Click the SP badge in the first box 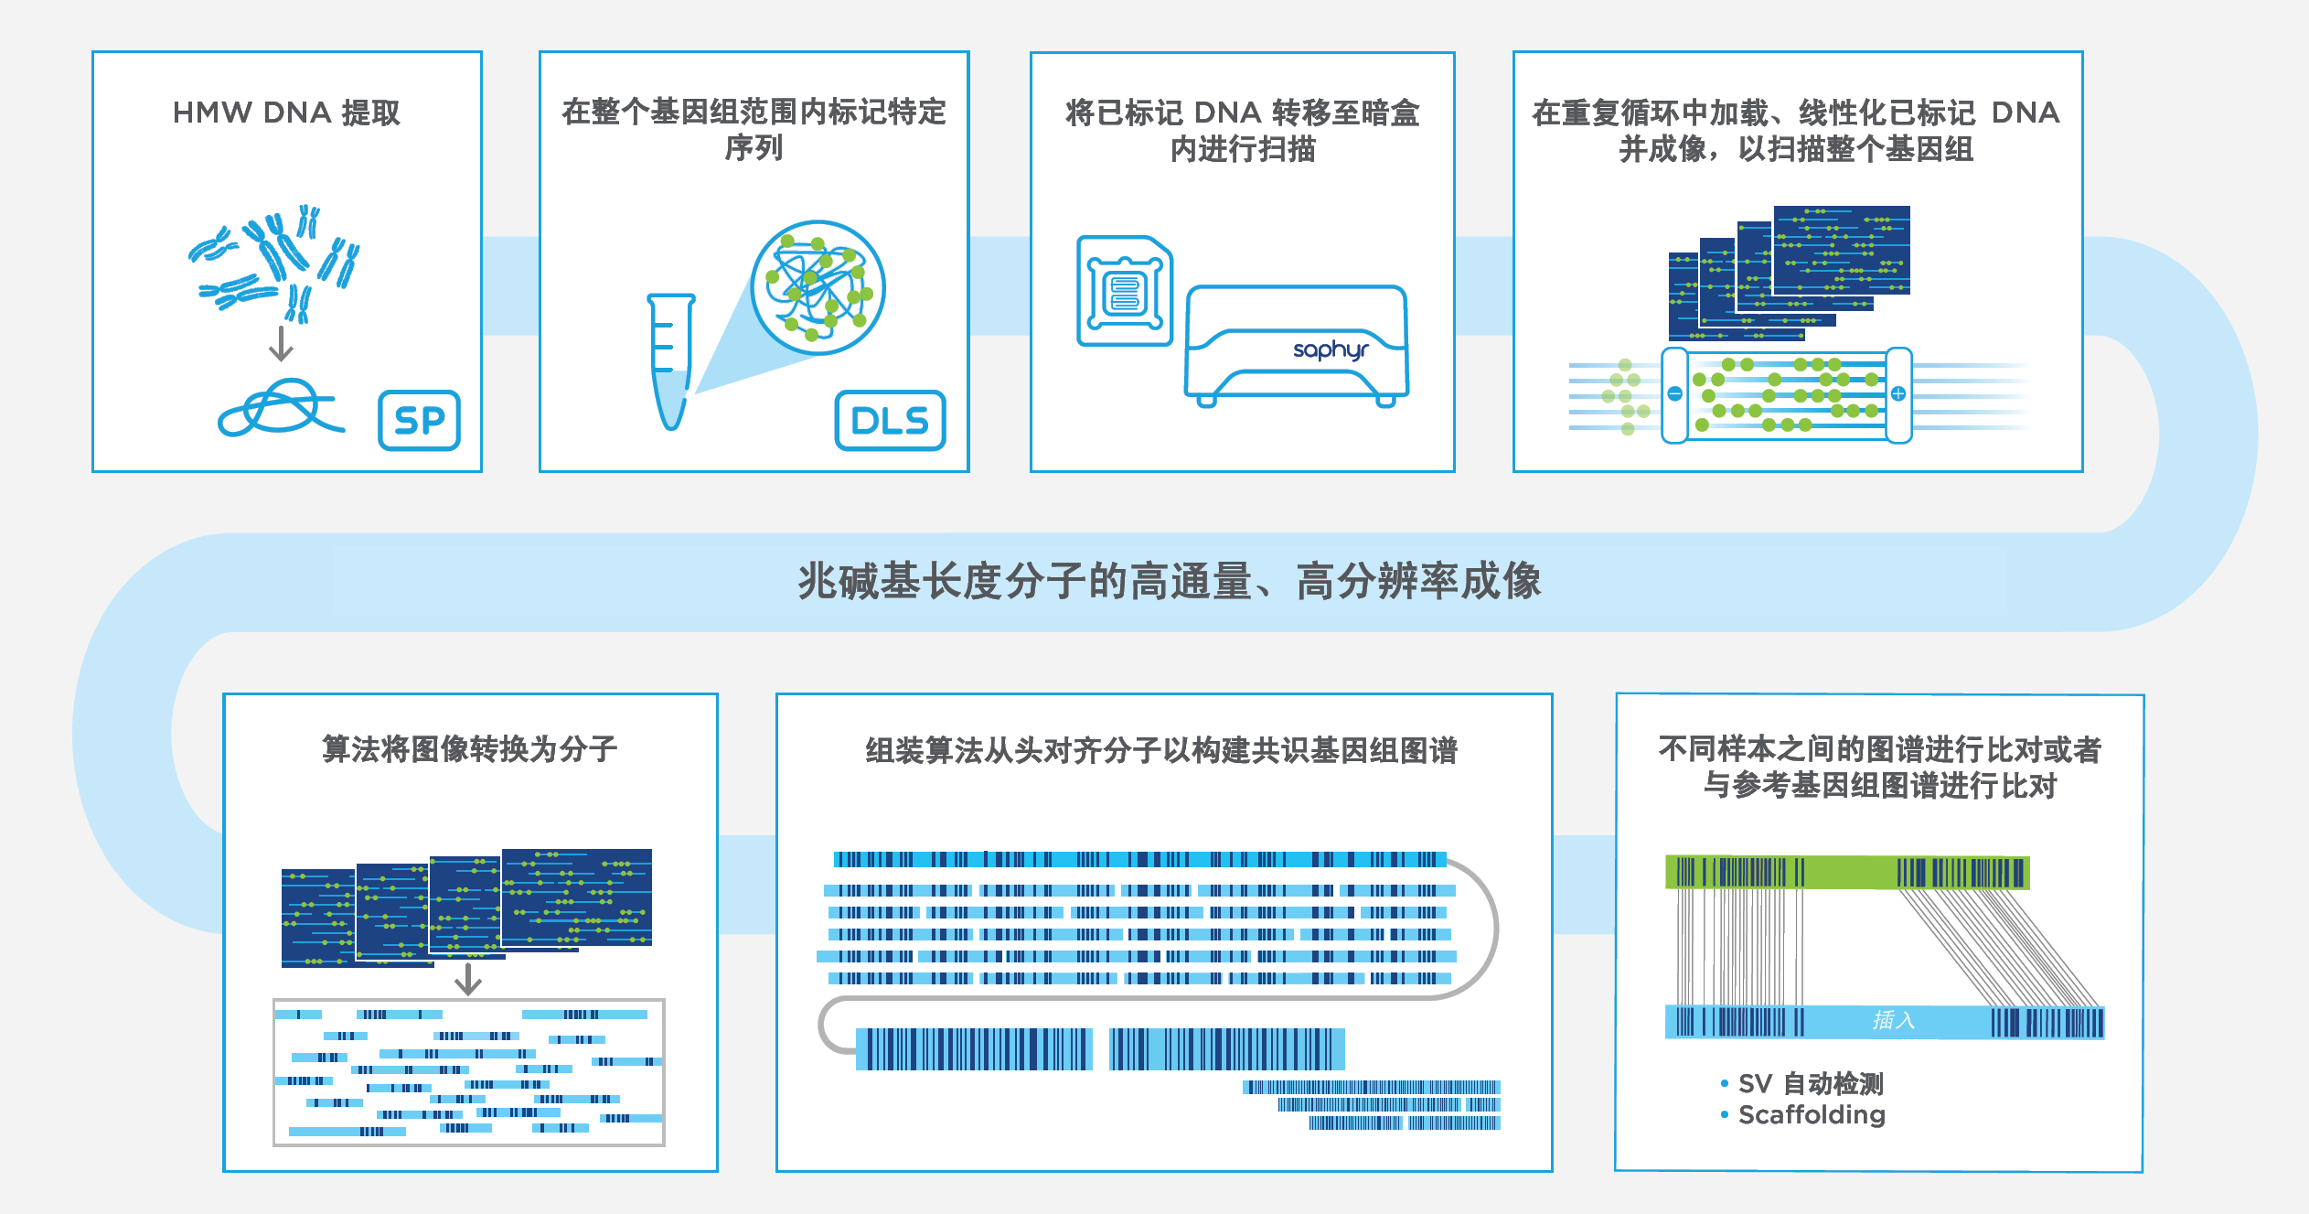419,421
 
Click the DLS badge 890,421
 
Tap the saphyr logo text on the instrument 1331,349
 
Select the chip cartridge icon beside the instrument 1125,292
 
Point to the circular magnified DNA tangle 818,287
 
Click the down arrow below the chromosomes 281,344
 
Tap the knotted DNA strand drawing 279,409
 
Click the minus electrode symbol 1674,393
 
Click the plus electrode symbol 1898,393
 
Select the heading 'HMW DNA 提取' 286,113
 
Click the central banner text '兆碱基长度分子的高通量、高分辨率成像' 1169,581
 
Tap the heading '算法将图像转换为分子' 469,749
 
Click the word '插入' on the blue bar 1893,1020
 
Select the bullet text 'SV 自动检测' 1810,1084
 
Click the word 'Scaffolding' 1812,1115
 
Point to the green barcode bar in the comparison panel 1847,872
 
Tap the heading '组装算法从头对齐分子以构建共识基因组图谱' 1161,751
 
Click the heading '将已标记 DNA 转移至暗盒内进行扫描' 1242,130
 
